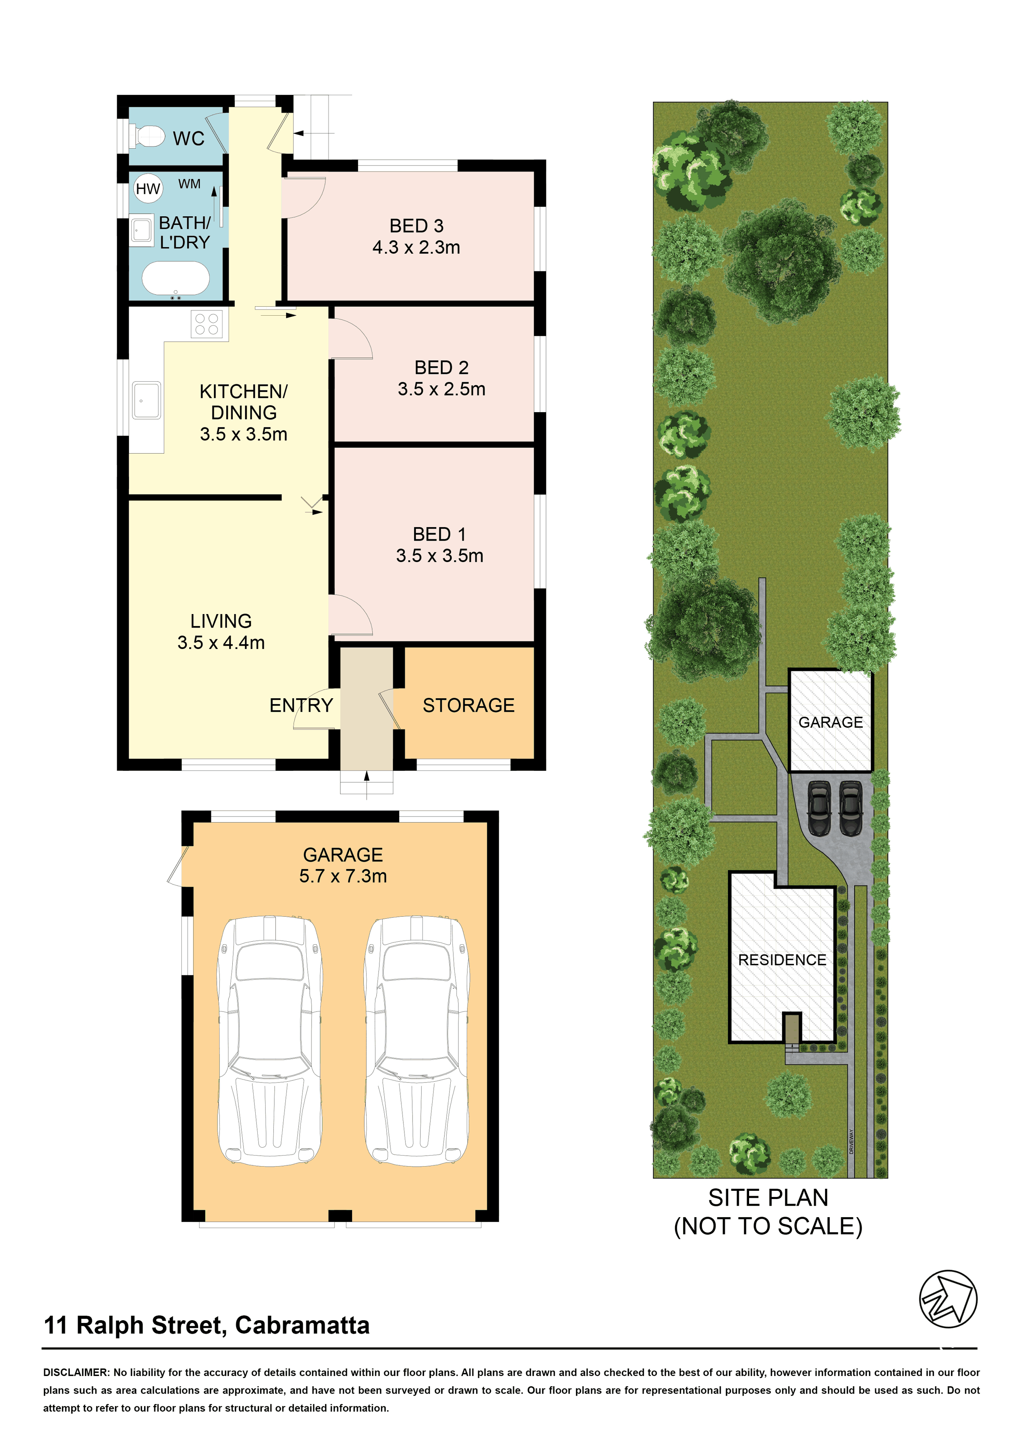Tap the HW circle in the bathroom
coord(148,188)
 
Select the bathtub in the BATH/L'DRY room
coord(176,279)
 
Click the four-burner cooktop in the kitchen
coord(207,324)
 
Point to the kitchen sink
coord(146,400)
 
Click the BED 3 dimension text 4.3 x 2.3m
coord(416,247)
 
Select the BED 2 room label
coord(441,367)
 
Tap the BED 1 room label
coord(440,534)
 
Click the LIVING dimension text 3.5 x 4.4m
coord(221,642)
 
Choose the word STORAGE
coord(469,705)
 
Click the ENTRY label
coord(301,705)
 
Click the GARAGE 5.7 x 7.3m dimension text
coord(343,876)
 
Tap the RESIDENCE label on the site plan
coord(782,960)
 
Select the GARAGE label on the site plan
coord(830,722)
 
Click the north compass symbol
coord(948,1299)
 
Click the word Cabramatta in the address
coord(302,1325)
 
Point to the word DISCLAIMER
coord(76,1372)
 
